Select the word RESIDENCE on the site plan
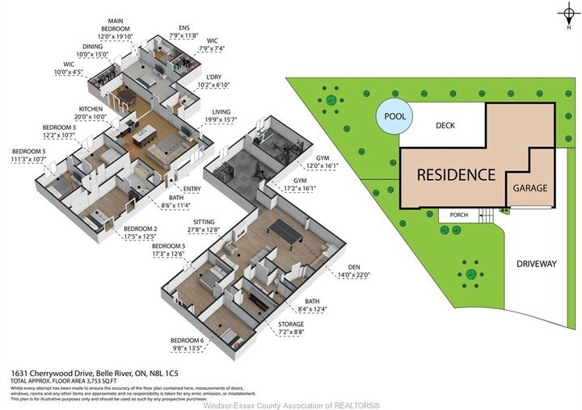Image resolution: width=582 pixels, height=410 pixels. (x=456, y=174)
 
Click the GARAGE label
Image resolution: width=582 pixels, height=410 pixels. (x=530, y=188)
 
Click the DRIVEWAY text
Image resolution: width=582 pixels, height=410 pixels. (x=537, y=264)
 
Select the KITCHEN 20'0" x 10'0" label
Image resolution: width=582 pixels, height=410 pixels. (x=92, y=112)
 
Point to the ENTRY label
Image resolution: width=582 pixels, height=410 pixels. (x=192, y=189)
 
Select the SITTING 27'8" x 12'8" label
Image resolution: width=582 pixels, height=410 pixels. (x=202, y=225)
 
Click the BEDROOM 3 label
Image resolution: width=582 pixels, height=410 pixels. (x=59, y=132)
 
